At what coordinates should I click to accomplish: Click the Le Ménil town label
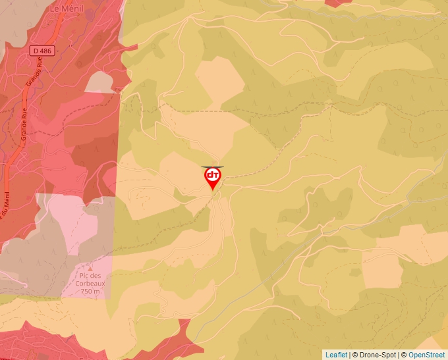point(67,9)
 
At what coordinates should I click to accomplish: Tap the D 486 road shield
point(41,50)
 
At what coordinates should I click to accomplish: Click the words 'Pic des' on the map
point(90,276)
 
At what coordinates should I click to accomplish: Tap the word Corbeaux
point(90,284)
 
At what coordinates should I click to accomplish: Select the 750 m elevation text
point(90,292)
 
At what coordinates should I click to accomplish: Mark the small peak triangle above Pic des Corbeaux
point(90,269)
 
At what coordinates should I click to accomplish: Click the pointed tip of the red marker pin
point(212,191)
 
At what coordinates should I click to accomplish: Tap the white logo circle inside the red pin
point(212,175)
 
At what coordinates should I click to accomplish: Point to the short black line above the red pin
point(212,167)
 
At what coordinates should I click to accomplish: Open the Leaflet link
point(336,355)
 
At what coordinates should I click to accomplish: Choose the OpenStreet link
point(426,355)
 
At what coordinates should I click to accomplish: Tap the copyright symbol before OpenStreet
point(404,355)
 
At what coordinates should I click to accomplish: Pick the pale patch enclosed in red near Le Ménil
point(99,82)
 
